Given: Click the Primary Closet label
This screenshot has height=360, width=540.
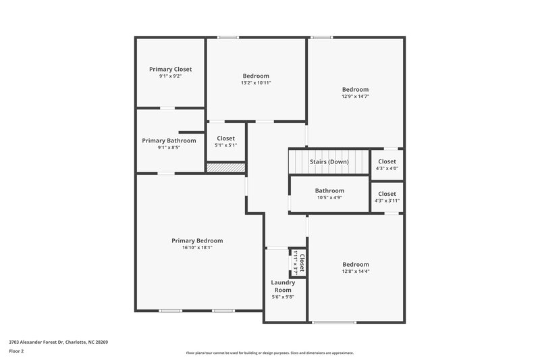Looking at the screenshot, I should (170, 69).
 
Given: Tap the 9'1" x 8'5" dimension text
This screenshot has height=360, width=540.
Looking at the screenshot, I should (169, 147).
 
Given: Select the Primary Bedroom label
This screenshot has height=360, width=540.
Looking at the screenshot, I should (197, 240).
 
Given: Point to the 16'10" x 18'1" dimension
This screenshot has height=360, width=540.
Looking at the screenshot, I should (197, 248).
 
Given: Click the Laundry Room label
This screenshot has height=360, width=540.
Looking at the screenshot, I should (283, 286).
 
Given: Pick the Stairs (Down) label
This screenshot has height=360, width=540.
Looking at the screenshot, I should (329, 162).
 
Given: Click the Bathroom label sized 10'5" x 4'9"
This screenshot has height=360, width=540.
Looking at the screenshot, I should (329, 190).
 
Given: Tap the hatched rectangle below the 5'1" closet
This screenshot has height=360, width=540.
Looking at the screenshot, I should (225, 167).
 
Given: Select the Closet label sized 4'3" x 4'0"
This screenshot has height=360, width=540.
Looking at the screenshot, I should (387, 161).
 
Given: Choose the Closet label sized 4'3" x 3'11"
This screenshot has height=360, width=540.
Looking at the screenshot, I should (387, 194).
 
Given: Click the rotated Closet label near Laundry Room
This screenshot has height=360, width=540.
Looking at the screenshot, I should (302, 261).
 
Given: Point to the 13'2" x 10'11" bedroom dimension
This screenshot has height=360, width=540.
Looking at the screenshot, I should (256, 83).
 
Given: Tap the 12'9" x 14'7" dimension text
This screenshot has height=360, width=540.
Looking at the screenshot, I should (355, 97).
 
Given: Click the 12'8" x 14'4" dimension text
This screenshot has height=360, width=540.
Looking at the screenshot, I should (355, 272).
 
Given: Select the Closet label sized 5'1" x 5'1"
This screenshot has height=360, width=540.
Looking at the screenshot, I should (225, 138).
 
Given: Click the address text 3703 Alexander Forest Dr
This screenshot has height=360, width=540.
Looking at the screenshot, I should (58, 342).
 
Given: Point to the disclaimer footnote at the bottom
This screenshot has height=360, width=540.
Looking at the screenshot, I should (269, 353).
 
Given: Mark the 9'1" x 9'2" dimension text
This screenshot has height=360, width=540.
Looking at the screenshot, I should (170, 76).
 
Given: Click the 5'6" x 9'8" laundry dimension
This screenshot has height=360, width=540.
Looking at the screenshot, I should (283, 297).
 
